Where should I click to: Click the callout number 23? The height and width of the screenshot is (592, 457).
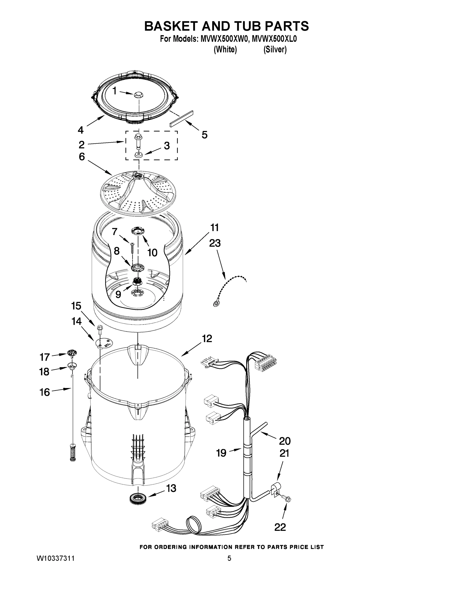click(x=215, y=243)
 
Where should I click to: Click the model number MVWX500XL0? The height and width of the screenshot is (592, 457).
click(x=274, y=39)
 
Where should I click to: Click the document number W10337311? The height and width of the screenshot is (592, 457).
click(x=55, y=558)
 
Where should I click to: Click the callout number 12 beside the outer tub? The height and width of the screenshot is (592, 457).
click(x=207, y=339)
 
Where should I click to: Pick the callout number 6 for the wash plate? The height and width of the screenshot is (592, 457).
click(x=82, y=157)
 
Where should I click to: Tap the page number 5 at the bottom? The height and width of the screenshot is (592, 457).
click(x=229, y=558)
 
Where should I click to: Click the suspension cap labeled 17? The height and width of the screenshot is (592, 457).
click(x=72, y=353)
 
